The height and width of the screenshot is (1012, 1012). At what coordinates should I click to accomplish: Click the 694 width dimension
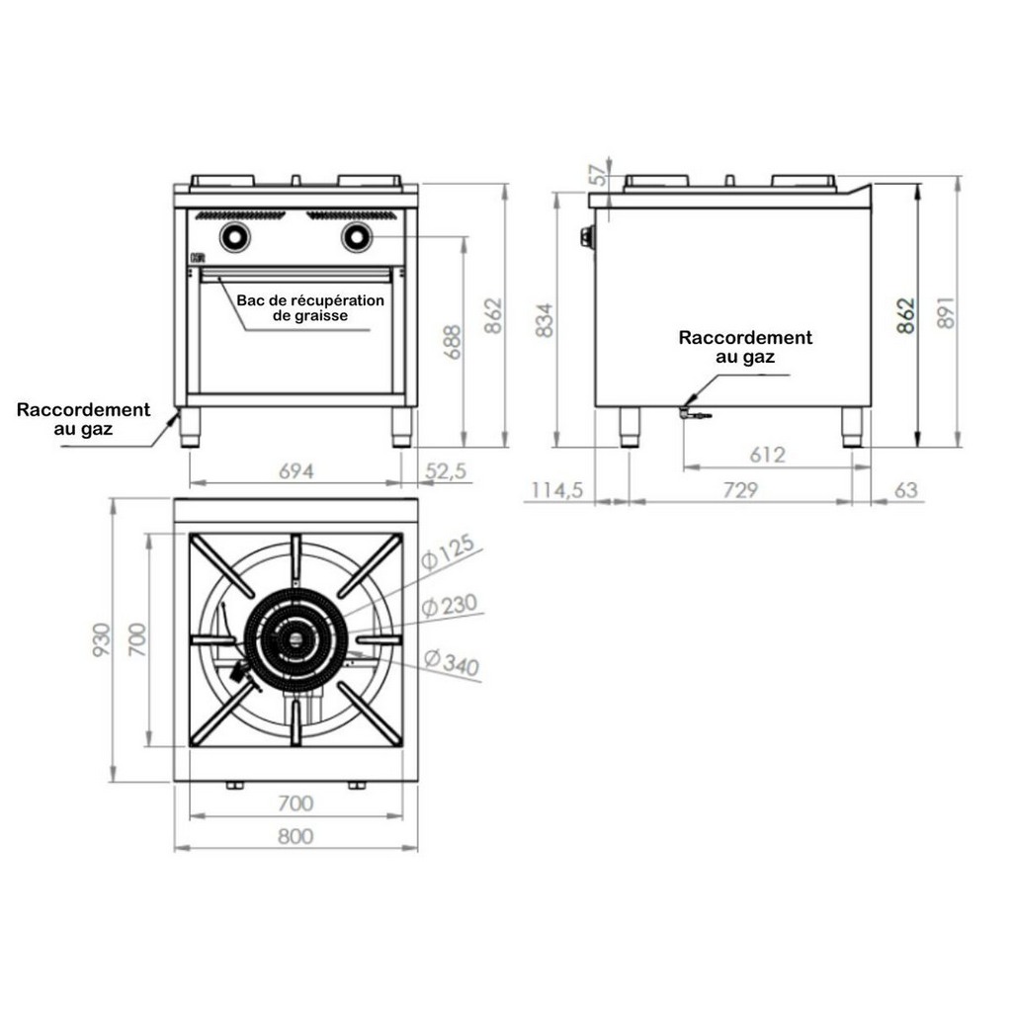click(x=296, y=471)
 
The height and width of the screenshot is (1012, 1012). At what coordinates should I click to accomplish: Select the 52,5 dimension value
click(x=446, y=471)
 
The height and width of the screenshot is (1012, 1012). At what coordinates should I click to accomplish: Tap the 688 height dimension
click(x=453, y=342)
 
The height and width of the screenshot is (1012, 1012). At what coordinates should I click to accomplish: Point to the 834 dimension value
click(x=545, y=320)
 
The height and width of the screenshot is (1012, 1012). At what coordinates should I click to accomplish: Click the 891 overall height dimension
click(x=946, y=312)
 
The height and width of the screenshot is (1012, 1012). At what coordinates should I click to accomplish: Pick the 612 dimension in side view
click(x=767, y=455)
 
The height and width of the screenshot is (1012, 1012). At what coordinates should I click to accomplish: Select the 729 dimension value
click(x=740, y=490)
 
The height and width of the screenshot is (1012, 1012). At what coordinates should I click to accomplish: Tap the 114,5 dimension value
click(x=557, y=490)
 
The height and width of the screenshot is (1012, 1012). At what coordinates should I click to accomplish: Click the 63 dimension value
click(x=905, y=490)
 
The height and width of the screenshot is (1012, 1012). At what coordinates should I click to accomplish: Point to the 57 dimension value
click(x=598, y=174)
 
